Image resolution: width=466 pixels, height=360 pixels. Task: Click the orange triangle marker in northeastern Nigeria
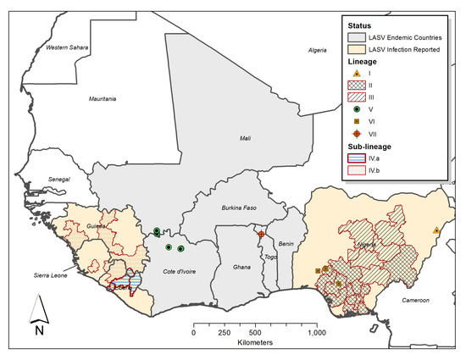(x=435, y=230)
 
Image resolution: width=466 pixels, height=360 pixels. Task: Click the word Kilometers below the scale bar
(x=254, y=345)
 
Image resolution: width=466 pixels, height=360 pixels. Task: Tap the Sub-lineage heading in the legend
(x=365, y=146)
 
